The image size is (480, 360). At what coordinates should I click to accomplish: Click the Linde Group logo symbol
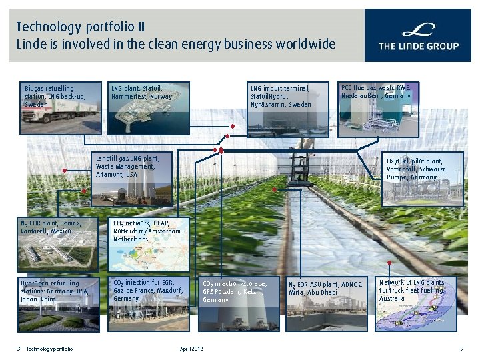pos(419,30)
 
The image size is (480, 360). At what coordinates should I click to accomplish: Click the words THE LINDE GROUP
pos(419,46)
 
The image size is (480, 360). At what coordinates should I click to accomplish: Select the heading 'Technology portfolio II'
pos(80,27)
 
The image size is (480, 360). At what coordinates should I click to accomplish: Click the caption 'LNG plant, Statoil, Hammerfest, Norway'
pos(141,92)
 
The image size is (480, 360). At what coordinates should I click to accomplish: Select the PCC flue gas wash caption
pos(376,92)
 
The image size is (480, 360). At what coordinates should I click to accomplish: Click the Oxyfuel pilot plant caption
pos(414,169)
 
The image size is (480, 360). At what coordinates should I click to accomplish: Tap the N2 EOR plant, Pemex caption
pos(51,227)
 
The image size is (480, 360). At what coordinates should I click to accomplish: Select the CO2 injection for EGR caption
pos(147,291)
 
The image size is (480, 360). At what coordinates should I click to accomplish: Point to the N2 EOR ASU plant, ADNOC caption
pos(325,288)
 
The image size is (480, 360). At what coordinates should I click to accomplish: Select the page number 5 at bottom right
pos(461,349)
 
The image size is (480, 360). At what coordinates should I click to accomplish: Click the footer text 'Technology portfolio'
pos(50,349)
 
